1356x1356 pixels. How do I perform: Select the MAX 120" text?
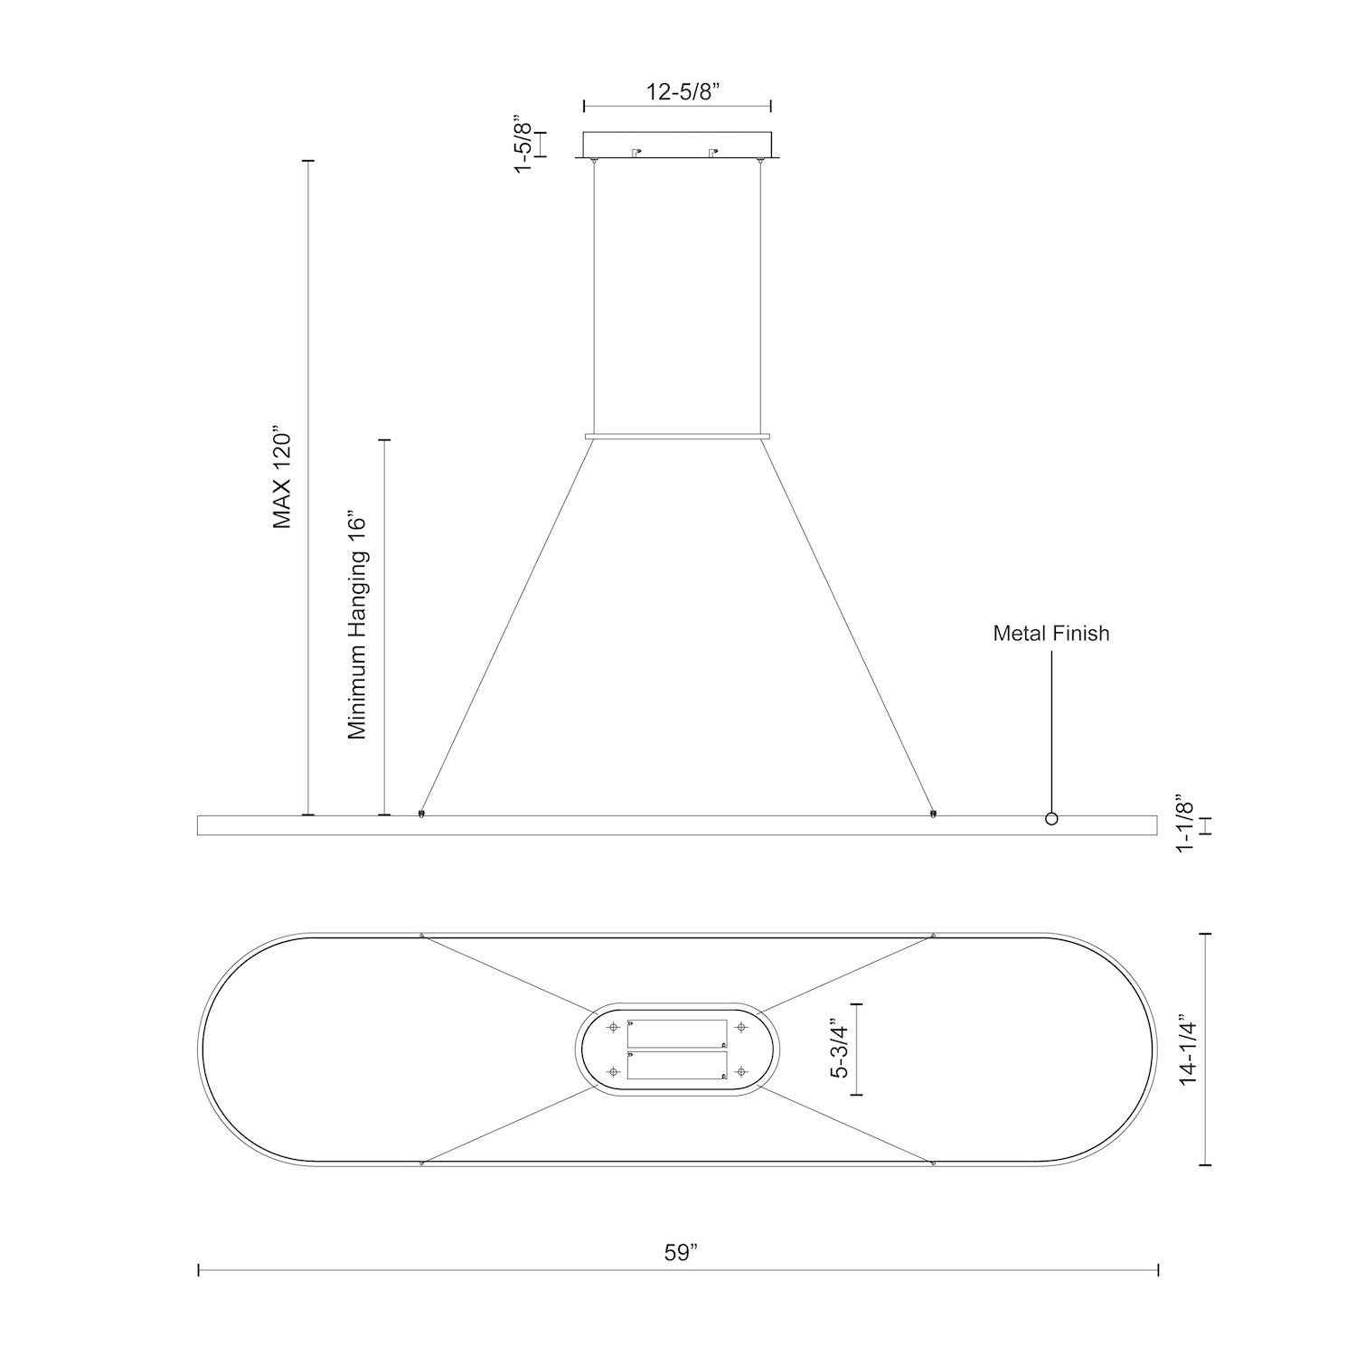point(284,480)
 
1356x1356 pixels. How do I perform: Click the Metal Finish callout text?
point(1050,634)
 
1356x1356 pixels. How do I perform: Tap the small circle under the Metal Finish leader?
point(1050,819)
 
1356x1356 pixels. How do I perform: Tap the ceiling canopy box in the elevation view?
point(677,146)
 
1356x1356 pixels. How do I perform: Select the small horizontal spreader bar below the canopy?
point(677,437)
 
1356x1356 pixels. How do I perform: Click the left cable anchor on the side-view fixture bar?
point(421,815)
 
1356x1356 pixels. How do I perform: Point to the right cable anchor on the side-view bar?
point(933,815)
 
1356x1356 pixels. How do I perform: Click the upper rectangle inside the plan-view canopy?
point(677,1033)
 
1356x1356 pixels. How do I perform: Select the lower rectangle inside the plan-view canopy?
point(677,1065)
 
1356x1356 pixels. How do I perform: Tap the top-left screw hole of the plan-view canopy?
point(614,1028)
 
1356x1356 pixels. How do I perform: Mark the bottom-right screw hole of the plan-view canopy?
point(741,1072)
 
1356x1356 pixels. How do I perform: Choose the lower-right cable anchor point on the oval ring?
point(933,1163)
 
